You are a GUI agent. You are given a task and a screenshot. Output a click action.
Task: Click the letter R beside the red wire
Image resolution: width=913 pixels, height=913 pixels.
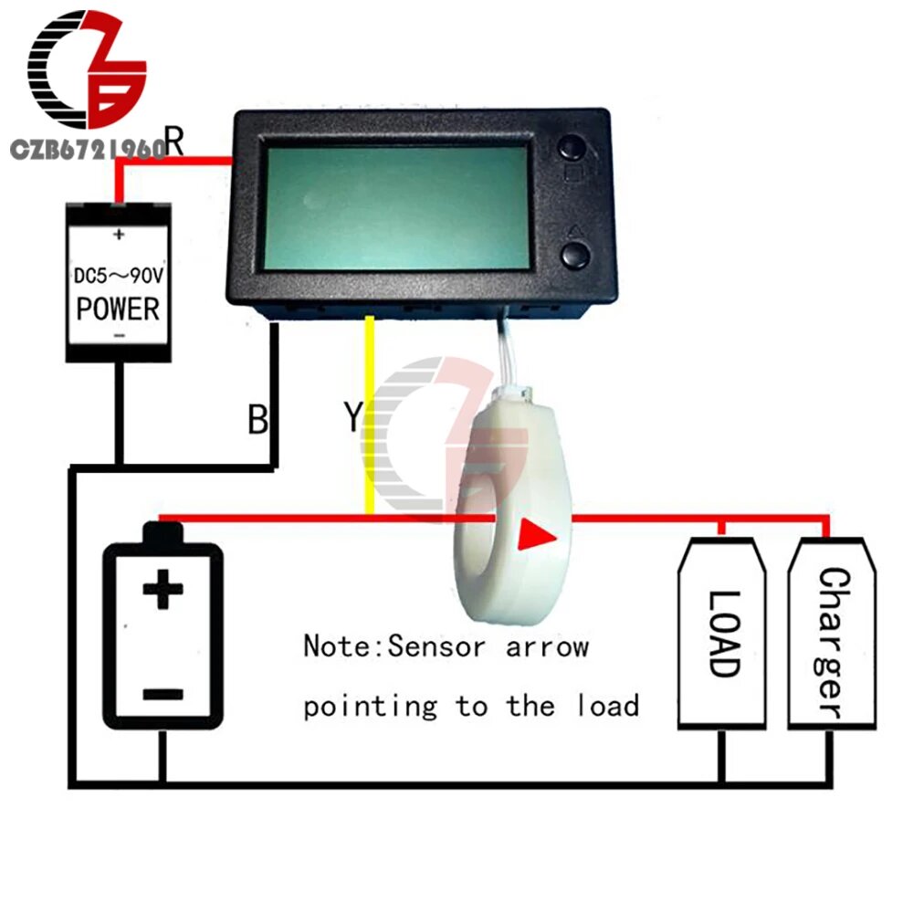coord(175,142)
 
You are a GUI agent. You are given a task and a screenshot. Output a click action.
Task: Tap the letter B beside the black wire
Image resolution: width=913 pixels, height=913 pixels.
coord(258,420)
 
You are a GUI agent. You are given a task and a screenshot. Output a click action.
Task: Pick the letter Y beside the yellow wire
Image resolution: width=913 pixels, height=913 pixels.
coord(353,418)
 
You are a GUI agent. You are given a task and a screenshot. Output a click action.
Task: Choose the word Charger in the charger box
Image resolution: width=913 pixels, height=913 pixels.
coord(831,643)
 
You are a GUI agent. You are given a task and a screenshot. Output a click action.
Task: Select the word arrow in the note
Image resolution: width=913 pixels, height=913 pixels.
coord(547,647)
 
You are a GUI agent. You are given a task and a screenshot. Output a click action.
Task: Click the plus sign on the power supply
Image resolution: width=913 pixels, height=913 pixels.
coord(118,235)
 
